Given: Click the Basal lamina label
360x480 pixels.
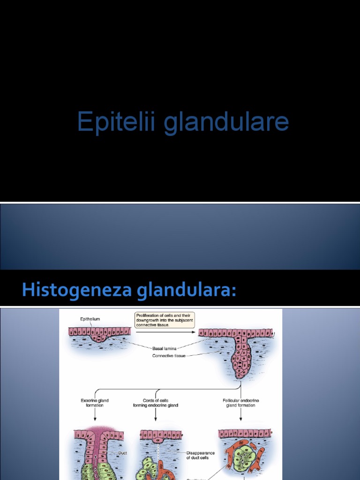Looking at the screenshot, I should click(x=164, y=348).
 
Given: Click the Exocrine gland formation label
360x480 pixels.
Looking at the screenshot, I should click(x=95, y=403).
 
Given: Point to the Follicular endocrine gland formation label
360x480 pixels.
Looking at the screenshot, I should click(x=241, y=403).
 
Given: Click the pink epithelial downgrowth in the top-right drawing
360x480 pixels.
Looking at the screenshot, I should click(x=242, y=359).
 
